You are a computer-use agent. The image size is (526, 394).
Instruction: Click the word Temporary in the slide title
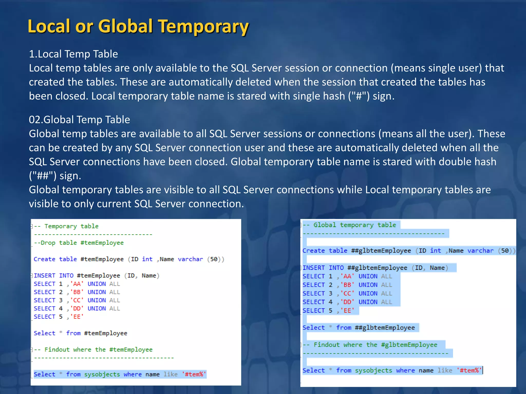(203, 27)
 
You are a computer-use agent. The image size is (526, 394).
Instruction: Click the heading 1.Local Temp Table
(73, 54)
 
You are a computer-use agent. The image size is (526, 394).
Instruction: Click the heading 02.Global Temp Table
(79, 120)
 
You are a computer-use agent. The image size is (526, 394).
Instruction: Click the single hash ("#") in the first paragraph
(359, 96)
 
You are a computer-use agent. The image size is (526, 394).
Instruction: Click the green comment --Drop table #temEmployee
(79, 243)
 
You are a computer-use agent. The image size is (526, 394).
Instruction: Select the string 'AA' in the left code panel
(77, 284)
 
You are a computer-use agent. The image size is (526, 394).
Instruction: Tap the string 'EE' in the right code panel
(347, 311)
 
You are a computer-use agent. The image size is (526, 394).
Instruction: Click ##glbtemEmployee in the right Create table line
(381, 251)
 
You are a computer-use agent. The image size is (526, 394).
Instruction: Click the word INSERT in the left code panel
(44, 275)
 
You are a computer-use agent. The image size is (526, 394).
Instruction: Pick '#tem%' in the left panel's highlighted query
(194, 374)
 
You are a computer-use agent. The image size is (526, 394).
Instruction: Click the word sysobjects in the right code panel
(373, 370)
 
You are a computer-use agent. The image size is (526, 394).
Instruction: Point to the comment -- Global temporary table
(350, 225)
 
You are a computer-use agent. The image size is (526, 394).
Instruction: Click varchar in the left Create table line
(190, 259)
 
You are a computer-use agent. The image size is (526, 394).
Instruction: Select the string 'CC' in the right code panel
(347, 293)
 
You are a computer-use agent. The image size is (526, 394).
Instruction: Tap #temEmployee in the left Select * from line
(106, 333)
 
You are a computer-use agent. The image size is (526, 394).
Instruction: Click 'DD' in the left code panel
(77, 309)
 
